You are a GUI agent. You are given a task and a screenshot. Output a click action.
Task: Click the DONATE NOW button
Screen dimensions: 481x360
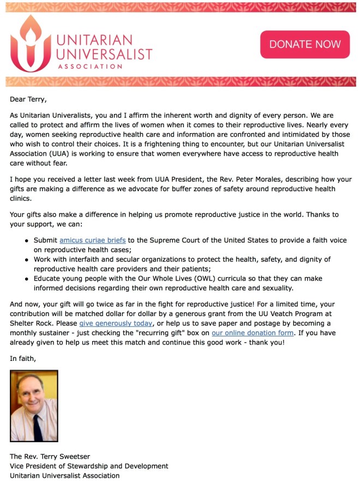coord(305,44)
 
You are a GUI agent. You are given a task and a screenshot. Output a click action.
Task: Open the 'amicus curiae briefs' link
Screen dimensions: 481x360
coord(93,240)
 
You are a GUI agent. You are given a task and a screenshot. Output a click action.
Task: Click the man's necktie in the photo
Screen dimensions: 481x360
coord(38,426)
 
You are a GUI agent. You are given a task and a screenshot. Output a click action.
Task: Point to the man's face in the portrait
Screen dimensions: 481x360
coord(33,399)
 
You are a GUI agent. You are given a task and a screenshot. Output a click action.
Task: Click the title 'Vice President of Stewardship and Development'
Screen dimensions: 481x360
coord(89,466)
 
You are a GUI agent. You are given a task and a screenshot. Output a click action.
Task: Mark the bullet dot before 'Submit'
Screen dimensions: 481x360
coord(27,240)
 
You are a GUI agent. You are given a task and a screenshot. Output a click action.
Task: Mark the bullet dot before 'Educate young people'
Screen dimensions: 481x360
coord(27,278)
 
